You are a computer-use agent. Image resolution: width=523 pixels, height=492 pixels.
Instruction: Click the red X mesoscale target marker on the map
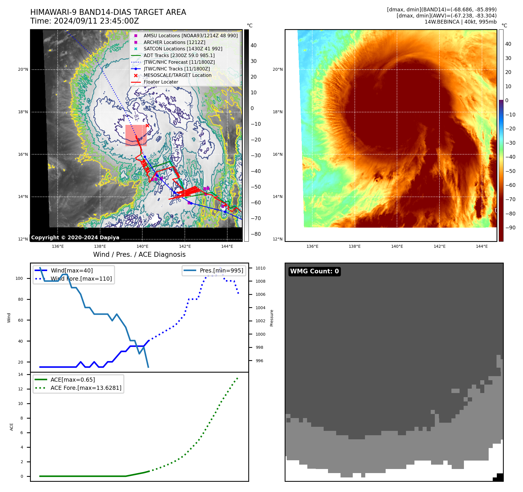pyautogui.click(x=147, y=125)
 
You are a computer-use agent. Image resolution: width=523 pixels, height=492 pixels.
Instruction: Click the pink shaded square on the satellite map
pyautogui.click(x=136, y=135)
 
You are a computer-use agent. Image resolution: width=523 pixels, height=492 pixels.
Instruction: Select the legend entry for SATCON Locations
pyautogui.click(x=183, y=49)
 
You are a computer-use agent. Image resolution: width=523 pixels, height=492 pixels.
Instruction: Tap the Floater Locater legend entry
pyautogui.click(x=161, y=82)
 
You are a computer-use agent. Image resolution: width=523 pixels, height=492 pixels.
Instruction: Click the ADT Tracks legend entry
pyautogui.click(x=179, y=56)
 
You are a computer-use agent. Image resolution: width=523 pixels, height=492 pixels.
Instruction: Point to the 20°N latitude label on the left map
pyautogui.click(x=23, y=70)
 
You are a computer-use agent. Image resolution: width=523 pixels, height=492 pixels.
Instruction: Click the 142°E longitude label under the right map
pyautogui.click(x=439, y=247)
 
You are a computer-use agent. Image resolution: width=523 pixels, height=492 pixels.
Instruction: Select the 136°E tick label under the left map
pyautogui.click(x=58, y=247)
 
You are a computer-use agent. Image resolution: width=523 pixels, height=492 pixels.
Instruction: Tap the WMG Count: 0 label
pyautogui.click(x=314, y=271)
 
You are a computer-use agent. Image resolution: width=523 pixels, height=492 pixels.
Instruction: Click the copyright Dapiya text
pyautogui.click(x=75, y=238)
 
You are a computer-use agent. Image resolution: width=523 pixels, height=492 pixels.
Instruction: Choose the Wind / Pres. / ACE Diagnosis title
pyautogui.click(x=139, y=255)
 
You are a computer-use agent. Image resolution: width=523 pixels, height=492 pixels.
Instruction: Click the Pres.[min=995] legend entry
pyautogui.click(x=221, y=270)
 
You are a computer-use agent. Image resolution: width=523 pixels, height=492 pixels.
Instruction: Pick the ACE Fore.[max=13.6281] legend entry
pyautogui.click(x=86, y=388)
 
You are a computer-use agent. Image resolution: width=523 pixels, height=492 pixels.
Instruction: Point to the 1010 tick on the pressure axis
pyautogui.click(x=260, y=268)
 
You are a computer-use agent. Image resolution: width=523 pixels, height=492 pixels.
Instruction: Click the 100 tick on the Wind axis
pyautogui.click(x=19, y=279)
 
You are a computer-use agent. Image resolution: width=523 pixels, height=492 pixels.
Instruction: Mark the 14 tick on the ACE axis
pyautogui.click(x=20, y=375)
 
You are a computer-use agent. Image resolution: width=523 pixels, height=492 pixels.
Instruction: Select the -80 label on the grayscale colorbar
pyautogui.click(x=256, y=234)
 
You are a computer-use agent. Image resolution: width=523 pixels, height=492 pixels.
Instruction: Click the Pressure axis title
pyautogui.click(x=272, y=318)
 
